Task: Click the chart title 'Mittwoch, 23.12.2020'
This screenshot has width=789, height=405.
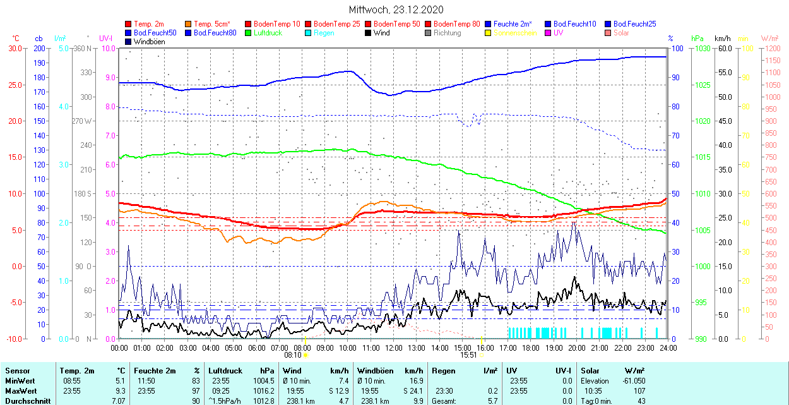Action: pyautogui.click(x=396, y=9)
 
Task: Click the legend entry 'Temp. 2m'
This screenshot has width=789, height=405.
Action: pyautogui.click(x=149, y=24)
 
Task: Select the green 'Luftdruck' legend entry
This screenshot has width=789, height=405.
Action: pyautogui.click(x=268, y=33)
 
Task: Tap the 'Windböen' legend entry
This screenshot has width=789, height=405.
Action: pyautogui.click(x=149, y=42)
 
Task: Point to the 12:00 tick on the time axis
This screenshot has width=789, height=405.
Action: pyautogui.click(x=393, y=348)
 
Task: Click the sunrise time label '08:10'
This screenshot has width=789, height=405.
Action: pyautogui.click(x=292, y=355)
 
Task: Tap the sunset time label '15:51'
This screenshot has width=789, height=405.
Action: pyautogui.click(x=468, y=355)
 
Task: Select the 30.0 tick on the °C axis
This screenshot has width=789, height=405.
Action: pyautogui.click(x=13, y=48)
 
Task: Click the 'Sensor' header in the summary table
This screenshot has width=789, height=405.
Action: pyautogui.click(x=18, y=371)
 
